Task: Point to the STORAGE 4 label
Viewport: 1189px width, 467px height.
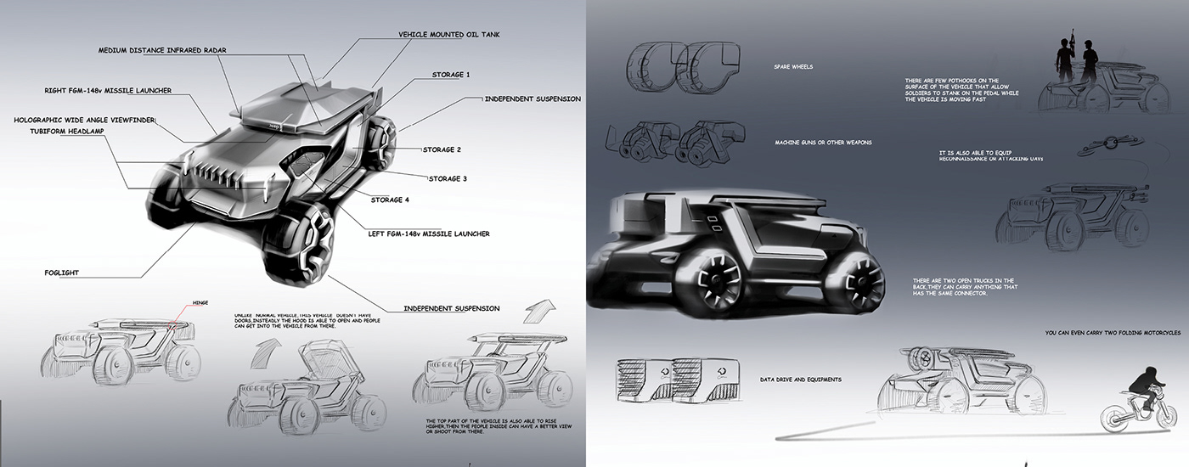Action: coord(391,200)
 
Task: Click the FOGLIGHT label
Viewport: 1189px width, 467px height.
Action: coord(62,273)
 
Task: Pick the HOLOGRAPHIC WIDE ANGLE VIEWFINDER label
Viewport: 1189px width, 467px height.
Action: coord(85,121)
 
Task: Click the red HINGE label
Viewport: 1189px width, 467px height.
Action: coord(200,302)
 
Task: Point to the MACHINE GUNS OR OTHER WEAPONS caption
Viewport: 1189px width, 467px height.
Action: coord(823,143)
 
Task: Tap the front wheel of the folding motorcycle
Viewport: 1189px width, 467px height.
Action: coord(1114,419)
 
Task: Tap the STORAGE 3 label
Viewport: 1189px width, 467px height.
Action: coord(448,178)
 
